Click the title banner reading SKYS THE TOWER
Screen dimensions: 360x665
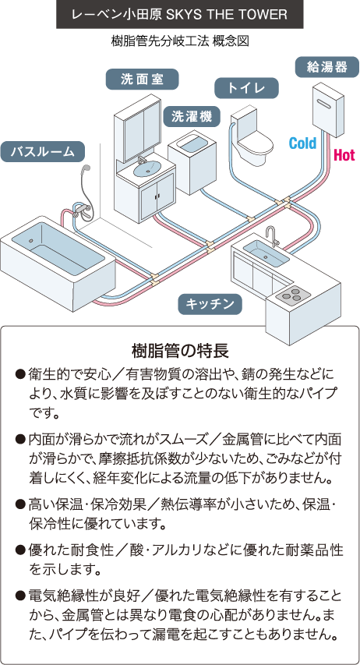(x=180, y=14)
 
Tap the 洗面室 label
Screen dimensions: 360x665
(x=142, y=80)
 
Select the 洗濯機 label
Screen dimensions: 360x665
(x=192, y=116)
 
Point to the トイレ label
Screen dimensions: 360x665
(x=246, y=88)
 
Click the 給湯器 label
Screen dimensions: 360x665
(x=326, y=66)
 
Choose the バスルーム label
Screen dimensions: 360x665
(x=42, y=151)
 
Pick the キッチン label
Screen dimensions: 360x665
(x=210, y=304)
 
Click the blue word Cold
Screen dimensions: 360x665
(x=302, y=143)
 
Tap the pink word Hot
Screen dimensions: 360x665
(x=344, y=155)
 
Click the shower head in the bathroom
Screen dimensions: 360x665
(x=86, y=170)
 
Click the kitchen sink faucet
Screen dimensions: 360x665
(x=272, y=235)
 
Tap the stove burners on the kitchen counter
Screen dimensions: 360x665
(x=294, y=293)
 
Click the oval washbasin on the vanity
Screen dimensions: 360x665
(x=147, y=169)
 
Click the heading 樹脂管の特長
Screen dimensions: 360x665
(x=180, y=351)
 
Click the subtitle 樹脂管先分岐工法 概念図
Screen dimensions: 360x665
(x=180, y=41)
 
